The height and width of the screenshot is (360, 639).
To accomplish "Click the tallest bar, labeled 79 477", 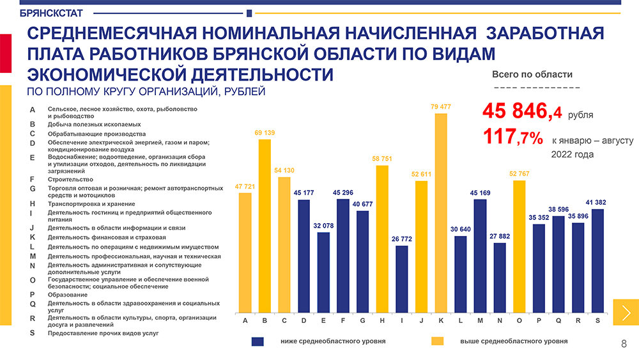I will tap(441, 211).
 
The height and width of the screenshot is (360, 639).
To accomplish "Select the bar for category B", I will tap(265, 224).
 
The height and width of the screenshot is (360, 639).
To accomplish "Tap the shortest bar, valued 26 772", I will tap(402, 278).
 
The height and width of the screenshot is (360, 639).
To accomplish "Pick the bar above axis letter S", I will tap(598, 259).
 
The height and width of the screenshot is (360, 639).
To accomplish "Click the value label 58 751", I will tap(382, 158).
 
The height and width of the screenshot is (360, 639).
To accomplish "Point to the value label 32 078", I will tap(323, 226).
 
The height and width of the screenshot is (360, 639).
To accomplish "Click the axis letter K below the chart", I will tap(441, 320).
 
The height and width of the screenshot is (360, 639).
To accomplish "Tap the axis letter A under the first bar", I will tap(245, 320).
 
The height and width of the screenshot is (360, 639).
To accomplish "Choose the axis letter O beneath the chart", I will tap(519, 320).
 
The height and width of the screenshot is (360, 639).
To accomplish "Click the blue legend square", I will tap(258, 341).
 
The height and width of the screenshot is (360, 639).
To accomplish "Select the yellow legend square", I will tap(438, 341).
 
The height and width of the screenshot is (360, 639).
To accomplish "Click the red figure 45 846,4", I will tap(523, 112).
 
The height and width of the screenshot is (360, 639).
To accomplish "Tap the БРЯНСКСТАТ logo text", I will tap(47, 13).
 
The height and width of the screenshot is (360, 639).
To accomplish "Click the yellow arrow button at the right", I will tap(626, 312).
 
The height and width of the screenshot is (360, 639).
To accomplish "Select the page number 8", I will tap(624, 345).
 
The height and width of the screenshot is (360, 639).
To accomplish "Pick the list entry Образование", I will tap(68, 295).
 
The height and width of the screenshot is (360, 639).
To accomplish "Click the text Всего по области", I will tap(532, 74).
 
